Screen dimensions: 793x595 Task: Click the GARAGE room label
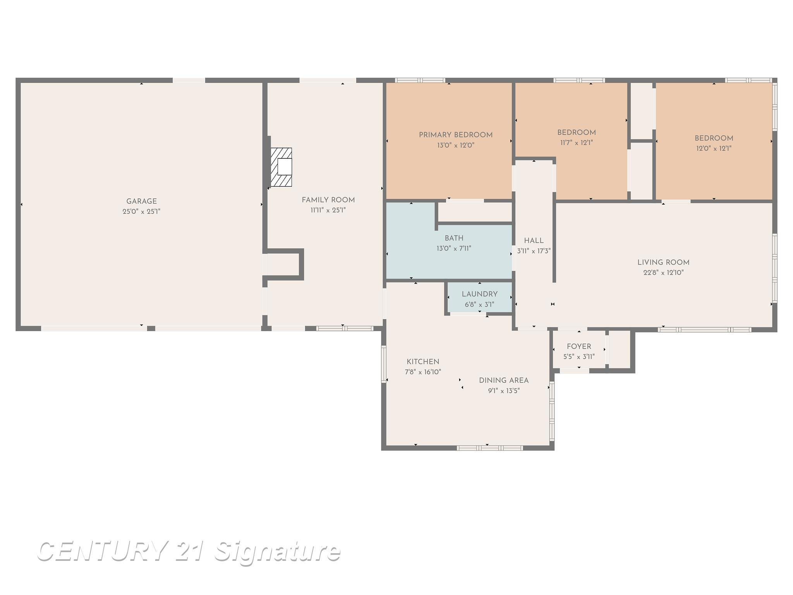[141, 201]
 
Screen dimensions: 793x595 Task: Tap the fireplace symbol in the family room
[281, 167]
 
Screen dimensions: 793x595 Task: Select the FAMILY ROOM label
[328, 200]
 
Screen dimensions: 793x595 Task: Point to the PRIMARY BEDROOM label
[456, 135]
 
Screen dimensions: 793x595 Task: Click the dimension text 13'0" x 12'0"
[456, 145]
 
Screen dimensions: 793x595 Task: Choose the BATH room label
[454, 238]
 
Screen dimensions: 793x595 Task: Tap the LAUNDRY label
[480, 294]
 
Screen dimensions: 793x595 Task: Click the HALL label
[534, 241]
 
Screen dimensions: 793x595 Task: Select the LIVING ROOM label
[664, 263]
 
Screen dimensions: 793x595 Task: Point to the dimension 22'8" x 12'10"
[664, 273]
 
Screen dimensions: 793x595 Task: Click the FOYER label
[579, 347]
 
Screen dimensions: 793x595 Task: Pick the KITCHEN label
[423, 362]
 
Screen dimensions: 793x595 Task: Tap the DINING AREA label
[504, 380]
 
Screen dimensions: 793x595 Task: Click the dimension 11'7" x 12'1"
[577, 143]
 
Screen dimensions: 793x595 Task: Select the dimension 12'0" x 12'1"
[714, 148]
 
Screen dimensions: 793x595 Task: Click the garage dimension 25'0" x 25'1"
[141, 212]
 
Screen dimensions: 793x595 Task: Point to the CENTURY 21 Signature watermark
[189, 551]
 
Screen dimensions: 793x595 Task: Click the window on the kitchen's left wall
[384, 364]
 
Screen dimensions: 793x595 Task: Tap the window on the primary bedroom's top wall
[420, 80]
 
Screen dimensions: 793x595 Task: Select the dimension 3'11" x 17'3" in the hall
[534, 251]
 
